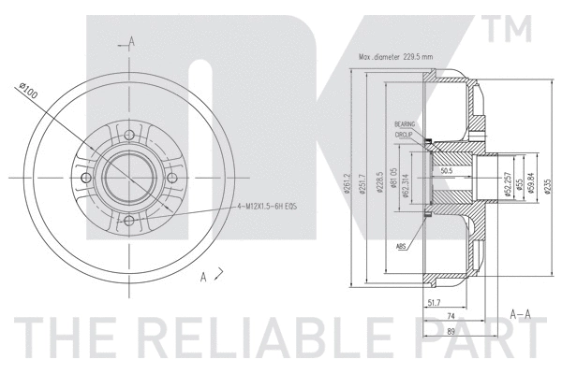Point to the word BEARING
(404, 124)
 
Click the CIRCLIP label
(404, 135)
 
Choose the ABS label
(401, 247)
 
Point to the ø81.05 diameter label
(393, 179)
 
